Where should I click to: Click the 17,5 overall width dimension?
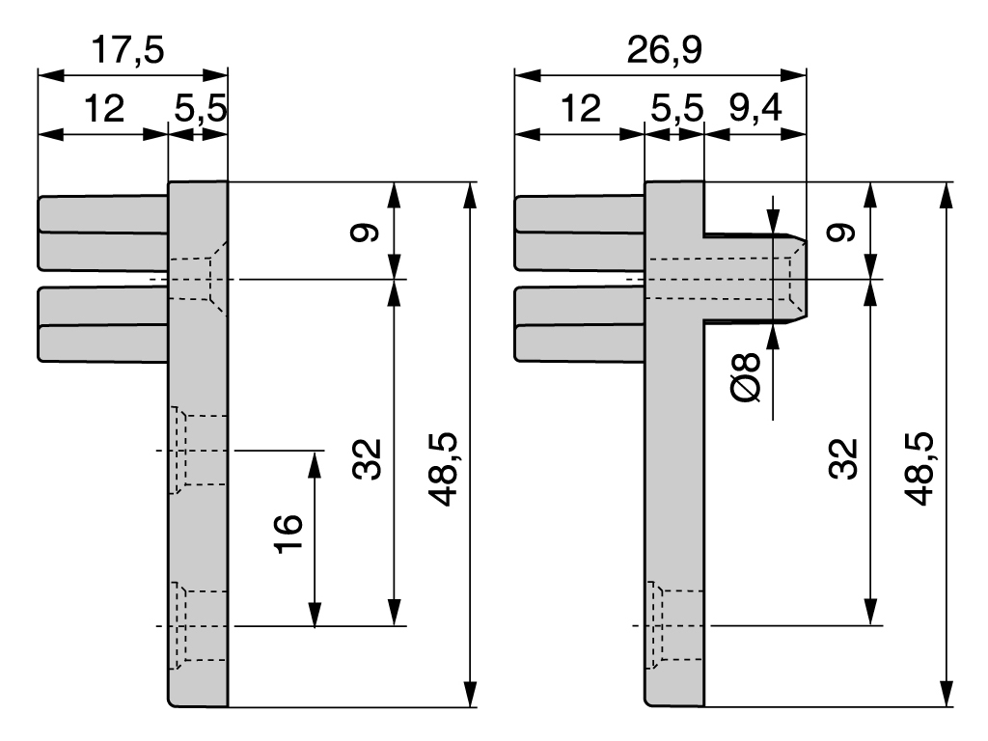pyautogui.click(x=127, y=50)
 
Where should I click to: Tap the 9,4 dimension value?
pyautogui.click(x=755, y=108)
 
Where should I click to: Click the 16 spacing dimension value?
pyautogui.click(x=288, y=531)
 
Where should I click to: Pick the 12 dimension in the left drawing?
pyautogui.click(x=103, y=108)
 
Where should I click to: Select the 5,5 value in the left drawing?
pyautogui.click(x=200, y=108)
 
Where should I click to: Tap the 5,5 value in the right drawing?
pyautogui.click(x=675, y=108)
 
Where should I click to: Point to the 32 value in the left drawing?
pyautogui.click(x=368, y=459)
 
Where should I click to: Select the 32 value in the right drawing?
pyautogui.click(x=843, y=459)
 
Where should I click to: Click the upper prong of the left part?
pyautogui.click(x=102, y=232)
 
